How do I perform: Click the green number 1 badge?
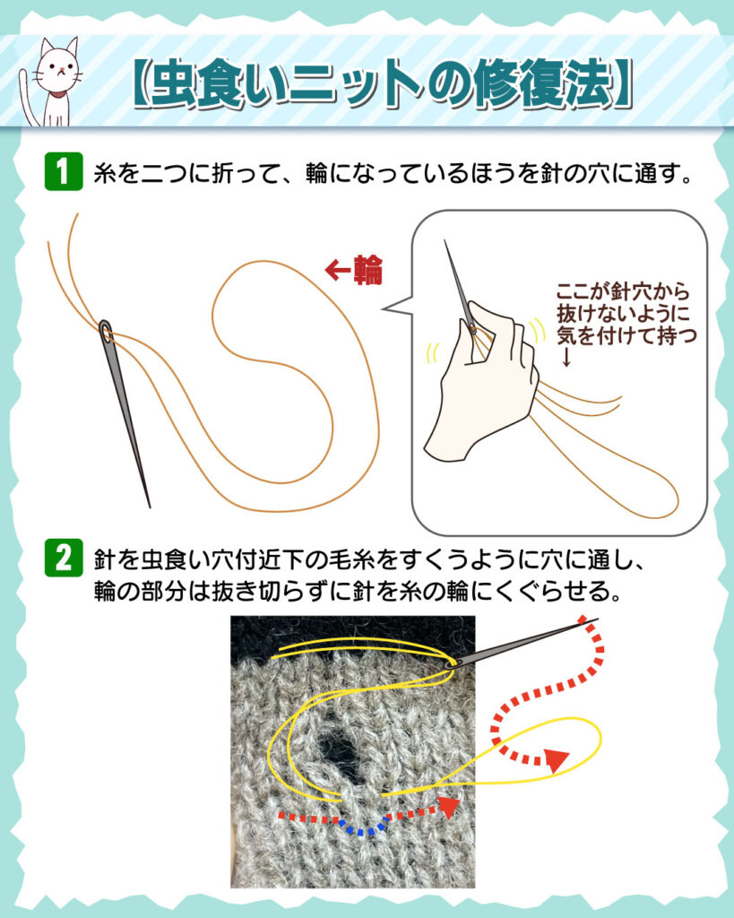(64, 171)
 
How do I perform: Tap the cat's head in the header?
(57, 65)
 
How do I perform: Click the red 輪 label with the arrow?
(353, 270)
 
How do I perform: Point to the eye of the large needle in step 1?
(106, 332)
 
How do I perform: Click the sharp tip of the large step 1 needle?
(150, 507)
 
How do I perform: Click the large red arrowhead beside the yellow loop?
(556, 759)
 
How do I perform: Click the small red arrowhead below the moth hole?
(449, 806)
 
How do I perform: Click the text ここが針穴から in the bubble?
(622, 290)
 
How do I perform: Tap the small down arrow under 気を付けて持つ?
(566, 357)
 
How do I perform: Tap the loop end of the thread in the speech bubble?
(670, 505)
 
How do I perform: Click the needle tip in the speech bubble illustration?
(445, 240)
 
